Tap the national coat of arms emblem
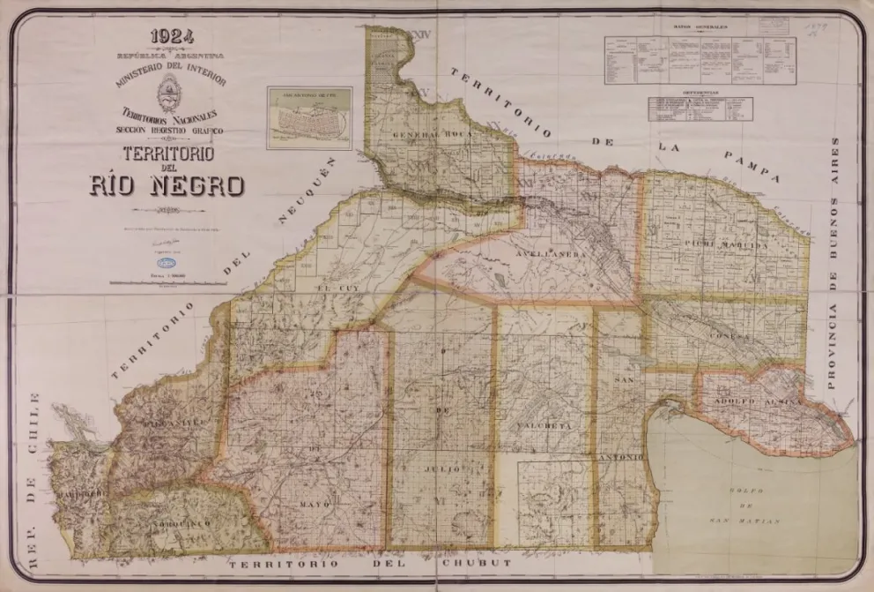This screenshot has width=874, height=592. click(x=170, y=91)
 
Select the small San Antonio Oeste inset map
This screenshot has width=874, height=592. click(x=309, y=117)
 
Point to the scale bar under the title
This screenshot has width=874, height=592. click(x=167, y=283)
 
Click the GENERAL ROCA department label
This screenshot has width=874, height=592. click(x=420, y=134)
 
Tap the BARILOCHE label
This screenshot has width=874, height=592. click(x=81, y=491)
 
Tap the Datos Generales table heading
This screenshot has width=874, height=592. click(x=700, y=27)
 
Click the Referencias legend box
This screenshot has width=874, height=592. click(x=700, y=108)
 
